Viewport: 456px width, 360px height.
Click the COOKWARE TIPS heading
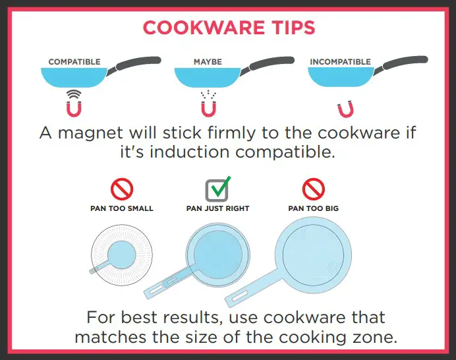229,28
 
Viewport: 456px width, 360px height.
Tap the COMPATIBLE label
74,62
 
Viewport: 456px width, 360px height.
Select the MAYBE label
208,62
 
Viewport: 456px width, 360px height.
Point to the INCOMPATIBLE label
340,62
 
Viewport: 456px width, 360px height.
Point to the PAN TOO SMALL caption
121,209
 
